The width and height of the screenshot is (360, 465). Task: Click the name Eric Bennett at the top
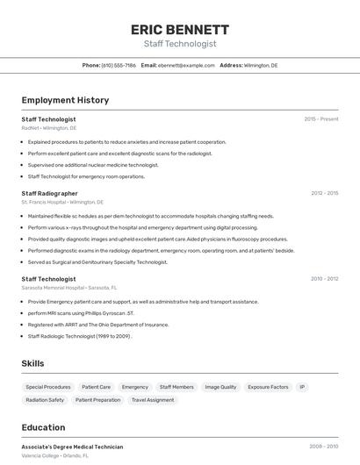[x=179, y=29]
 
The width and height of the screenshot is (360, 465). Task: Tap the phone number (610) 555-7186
[x=119, y=65]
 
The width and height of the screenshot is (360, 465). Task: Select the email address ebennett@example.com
[x=186, y=65]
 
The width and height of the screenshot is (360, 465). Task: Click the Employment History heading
[x=65, y=100]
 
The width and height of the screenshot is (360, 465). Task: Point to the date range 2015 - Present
[x=321, y=118]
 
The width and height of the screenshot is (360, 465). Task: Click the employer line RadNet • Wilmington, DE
[x=49, y=128]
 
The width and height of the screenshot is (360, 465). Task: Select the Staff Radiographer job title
[x=49, y=193]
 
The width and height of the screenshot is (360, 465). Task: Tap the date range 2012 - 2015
[x=324, y=193]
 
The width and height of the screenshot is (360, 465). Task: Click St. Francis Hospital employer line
[x=62, y=202]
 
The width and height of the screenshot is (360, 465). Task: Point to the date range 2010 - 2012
[x=324, y=279]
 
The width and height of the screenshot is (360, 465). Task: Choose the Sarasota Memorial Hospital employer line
[x=70, y=288]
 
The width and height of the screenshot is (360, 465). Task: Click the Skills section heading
[x=32, y=363]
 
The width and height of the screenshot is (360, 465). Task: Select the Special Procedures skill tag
[x=48, y=387]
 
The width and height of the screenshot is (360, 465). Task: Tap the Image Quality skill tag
[x=220, y=387]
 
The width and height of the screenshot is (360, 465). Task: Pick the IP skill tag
[x=302, y=387]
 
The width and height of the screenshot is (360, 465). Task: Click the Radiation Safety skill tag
[x=45, y=400]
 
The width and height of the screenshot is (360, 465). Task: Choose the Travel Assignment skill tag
[x=153, y=400]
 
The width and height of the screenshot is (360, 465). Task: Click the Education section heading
[x=43, y=427]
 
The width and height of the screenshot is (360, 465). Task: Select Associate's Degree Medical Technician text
[x=72, y=447]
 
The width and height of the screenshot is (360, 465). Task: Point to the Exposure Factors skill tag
[x=268, y=387]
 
